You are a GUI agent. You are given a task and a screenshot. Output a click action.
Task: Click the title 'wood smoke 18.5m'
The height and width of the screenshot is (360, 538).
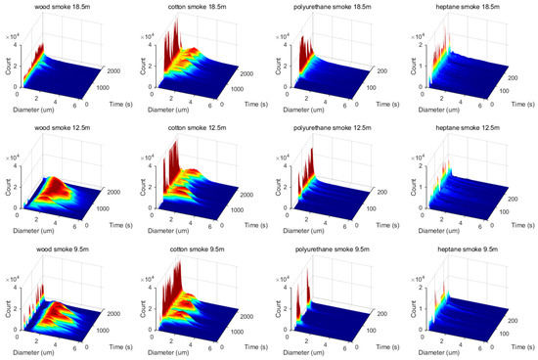coord(58,9)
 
